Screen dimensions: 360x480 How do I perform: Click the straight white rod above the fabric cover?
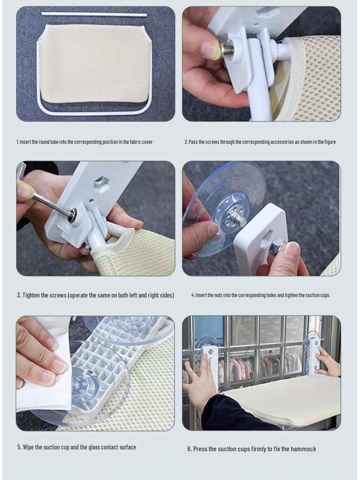pos(94,15)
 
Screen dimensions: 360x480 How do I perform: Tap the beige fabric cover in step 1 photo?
pos(95,63)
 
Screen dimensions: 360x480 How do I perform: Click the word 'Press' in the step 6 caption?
pos(200,449)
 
